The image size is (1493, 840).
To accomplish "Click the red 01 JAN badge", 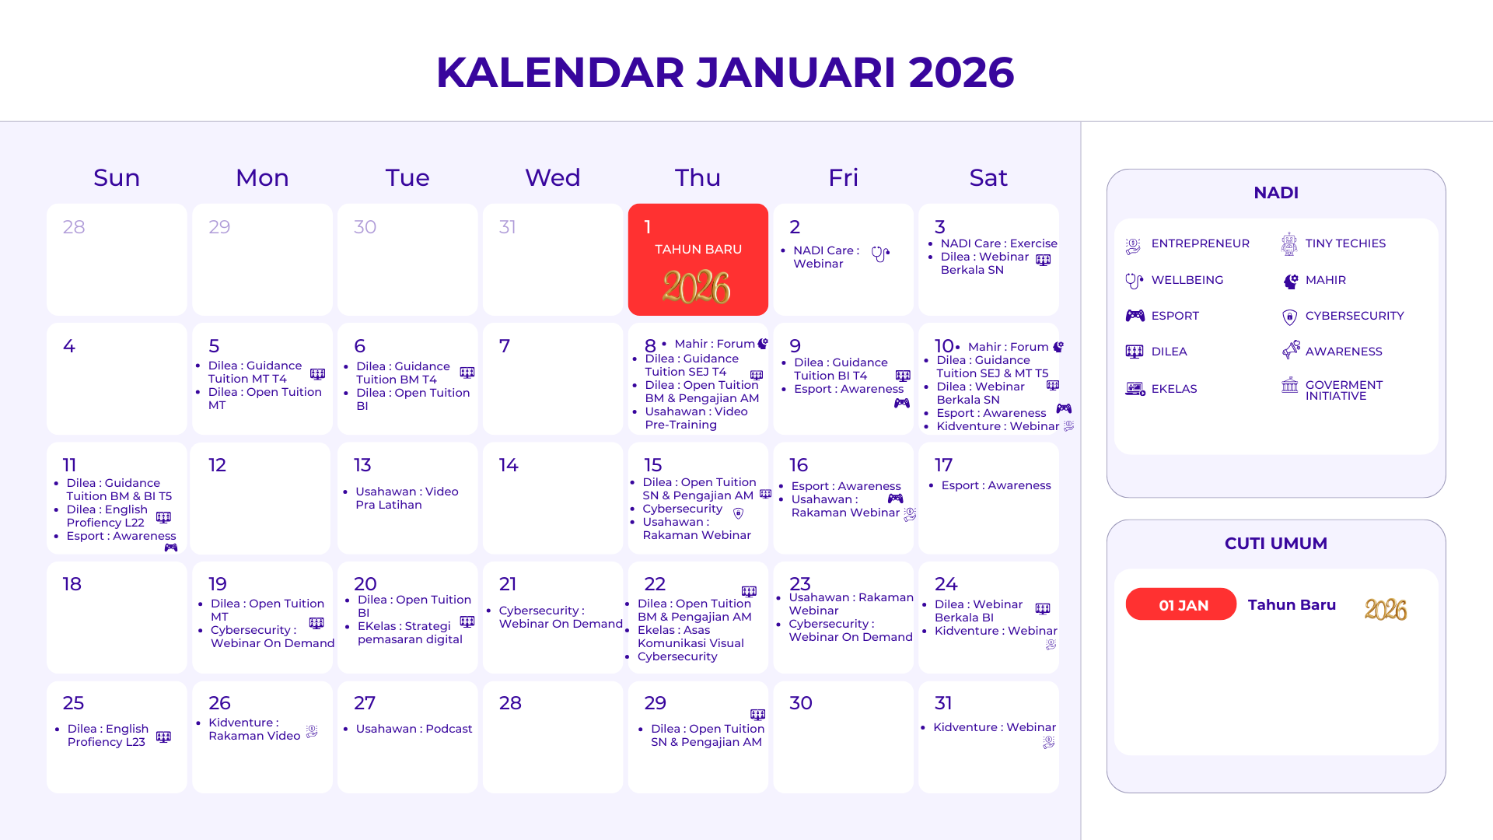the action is pyautogui.click(x=1180, y=604).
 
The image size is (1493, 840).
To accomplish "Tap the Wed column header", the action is pyautogui.click(x=552, y=177).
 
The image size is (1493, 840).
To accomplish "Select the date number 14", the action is pyautogui.click(x=509, y=465).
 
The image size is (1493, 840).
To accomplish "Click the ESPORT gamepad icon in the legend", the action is pyautogui.click(x=1135, y=316).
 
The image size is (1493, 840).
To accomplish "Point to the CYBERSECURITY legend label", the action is pyautogui.click(x=1355, y=316).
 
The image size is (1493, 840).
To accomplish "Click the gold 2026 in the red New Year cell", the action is pyautogui.click(x=696, y=288).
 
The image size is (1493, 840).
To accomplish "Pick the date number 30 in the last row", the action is pyautogui.click(x=801, y=703).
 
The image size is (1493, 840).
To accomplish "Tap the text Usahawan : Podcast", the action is pyautogui.click(x=414, y=729).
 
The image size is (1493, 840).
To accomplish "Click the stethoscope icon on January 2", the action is pyautogui.click(x=880, y=254).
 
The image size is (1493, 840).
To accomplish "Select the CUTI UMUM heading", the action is pyautogui.click(x=1275, y=544).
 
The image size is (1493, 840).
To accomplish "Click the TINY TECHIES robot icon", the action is pyautogui.click(x=1289, y=243).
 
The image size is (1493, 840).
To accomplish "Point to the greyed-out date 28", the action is pyautogui.click(x=74, y=227).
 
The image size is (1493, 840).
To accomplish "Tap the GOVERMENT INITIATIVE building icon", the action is pyautogui.click(x=1290, y=385).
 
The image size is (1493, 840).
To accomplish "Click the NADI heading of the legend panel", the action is pyautogui.click(x=1276, y=193).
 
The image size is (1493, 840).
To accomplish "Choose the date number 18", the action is pyautogui.click(x=72, y=584).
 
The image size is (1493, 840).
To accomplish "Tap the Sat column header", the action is pyautogui.click(x=988, y=177).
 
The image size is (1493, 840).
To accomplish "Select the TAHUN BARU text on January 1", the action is pyautogui.click(x=698, y=250).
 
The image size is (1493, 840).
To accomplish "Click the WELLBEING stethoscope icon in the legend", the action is pyautogui.click(x=1135, y=281).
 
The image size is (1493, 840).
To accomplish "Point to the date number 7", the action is pyautogui.click(x=505, y=346).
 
